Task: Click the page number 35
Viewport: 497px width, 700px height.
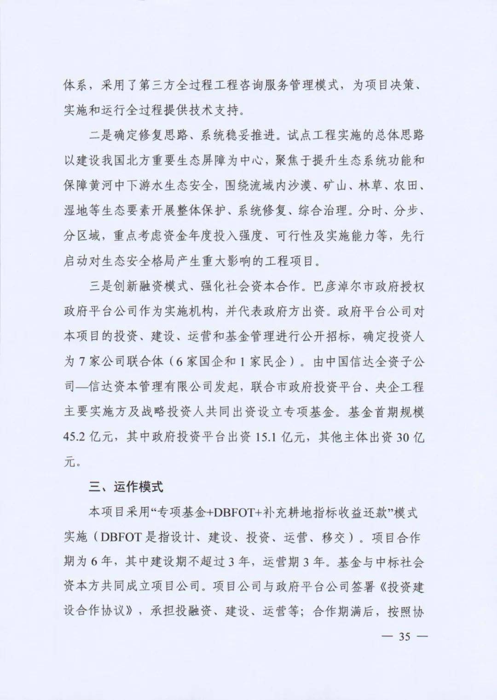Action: click(x=405, y=637)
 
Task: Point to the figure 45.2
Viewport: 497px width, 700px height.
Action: click(x=74, y=437)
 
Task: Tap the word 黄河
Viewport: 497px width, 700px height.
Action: click(x=102, y=186)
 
